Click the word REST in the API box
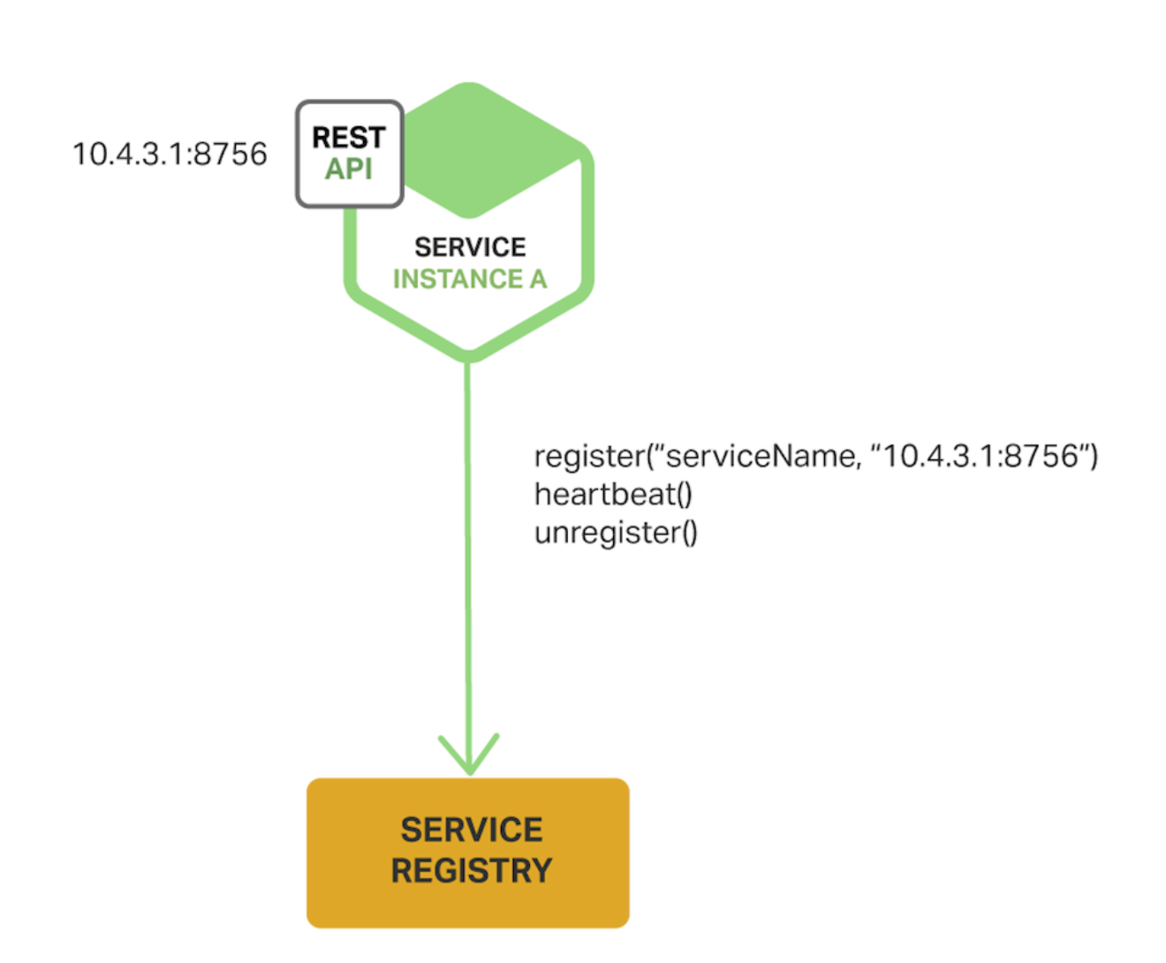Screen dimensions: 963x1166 349,138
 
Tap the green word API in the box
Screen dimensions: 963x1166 348,169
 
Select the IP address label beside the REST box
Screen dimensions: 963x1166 170,155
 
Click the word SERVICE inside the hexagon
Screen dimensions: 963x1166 470,247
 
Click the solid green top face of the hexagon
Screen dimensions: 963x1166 477,150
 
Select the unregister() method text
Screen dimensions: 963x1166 616,534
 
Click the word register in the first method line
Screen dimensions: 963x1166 589,457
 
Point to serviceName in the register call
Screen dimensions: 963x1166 760,457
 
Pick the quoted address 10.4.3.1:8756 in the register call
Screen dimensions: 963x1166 980,457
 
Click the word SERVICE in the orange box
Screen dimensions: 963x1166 472,830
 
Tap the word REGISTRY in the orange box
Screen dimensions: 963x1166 472,871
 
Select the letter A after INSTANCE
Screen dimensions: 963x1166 538,279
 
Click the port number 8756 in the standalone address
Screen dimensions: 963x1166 230,155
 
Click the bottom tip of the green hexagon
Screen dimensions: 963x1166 469,355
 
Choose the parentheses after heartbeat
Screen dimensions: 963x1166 685,495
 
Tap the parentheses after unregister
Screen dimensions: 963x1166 690,534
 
